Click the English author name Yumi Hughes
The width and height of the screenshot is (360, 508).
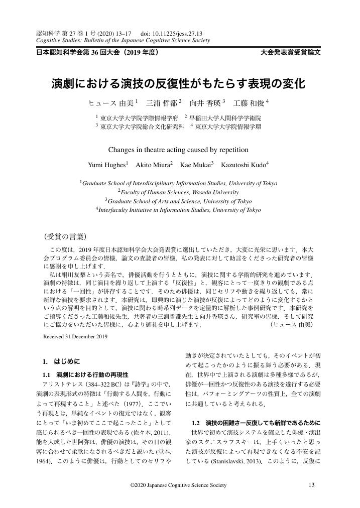pos(107,165)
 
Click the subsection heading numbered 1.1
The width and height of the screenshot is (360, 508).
pos(85,374)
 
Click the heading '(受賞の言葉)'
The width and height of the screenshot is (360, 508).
pos(66,235)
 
